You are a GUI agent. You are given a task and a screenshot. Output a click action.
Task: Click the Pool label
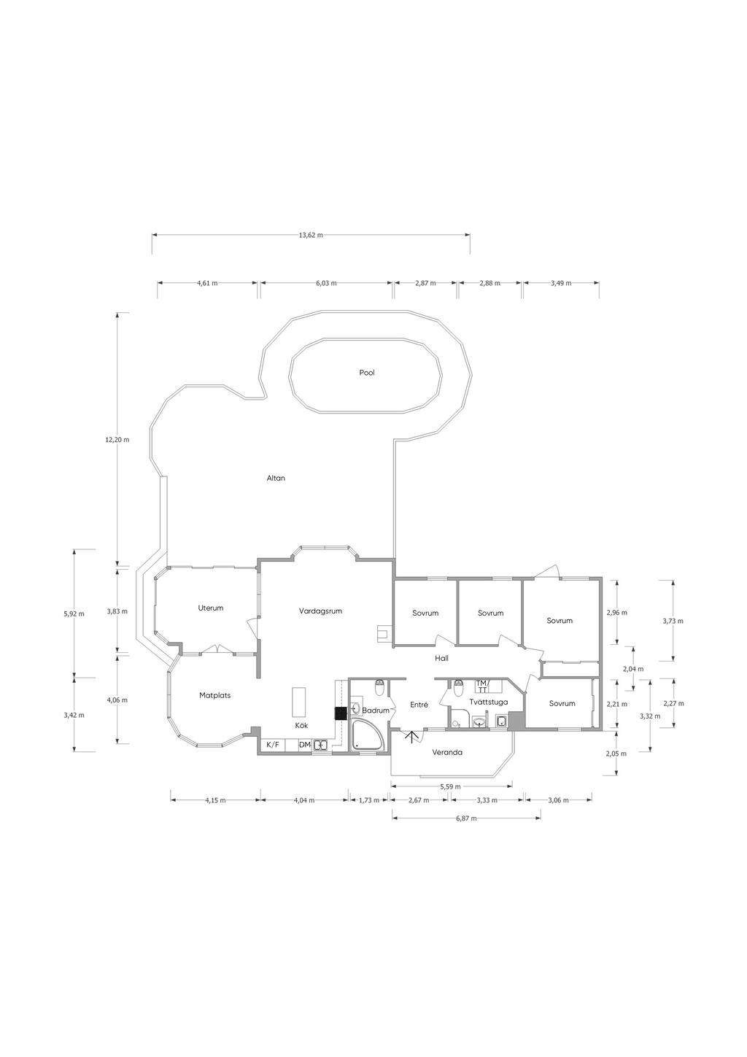coord(367,373)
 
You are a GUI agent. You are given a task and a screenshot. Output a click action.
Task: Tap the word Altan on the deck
coord(276,478)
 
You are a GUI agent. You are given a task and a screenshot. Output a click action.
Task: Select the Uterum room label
coord(211,608)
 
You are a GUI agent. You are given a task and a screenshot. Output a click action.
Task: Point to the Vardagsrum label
coord(320,611)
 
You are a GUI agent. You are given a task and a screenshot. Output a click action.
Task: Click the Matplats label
coord(214,695)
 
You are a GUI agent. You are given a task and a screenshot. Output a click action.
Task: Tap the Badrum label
coord(376,711)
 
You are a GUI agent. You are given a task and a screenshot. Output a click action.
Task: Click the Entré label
coord(419,705)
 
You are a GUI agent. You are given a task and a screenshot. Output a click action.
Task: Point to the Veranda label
coord(447,752)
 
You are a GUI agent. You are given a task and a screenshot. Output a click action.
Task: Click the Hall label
coord(441,658)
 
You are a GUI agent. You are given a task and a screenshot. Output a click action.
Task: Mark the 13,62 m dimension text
coord(311,235)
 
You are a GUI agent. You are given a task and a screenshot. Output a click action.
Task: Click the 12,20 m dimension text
coord(117,439)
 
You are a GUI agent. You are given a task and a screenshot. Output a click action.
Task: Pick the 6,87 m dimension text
coord(466,818)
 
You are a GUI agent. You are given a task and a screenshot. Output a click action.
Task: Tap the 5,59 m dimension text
coord(451,786)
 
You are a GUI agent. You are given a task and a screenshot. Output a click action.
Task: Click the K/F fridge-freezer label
coord(273,745)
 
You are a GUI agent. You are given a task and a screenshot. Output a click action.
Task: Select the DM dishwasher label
coord(305,745)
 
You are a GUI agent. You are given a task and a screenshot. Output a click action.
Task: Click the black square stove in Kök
coord(340,713)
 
